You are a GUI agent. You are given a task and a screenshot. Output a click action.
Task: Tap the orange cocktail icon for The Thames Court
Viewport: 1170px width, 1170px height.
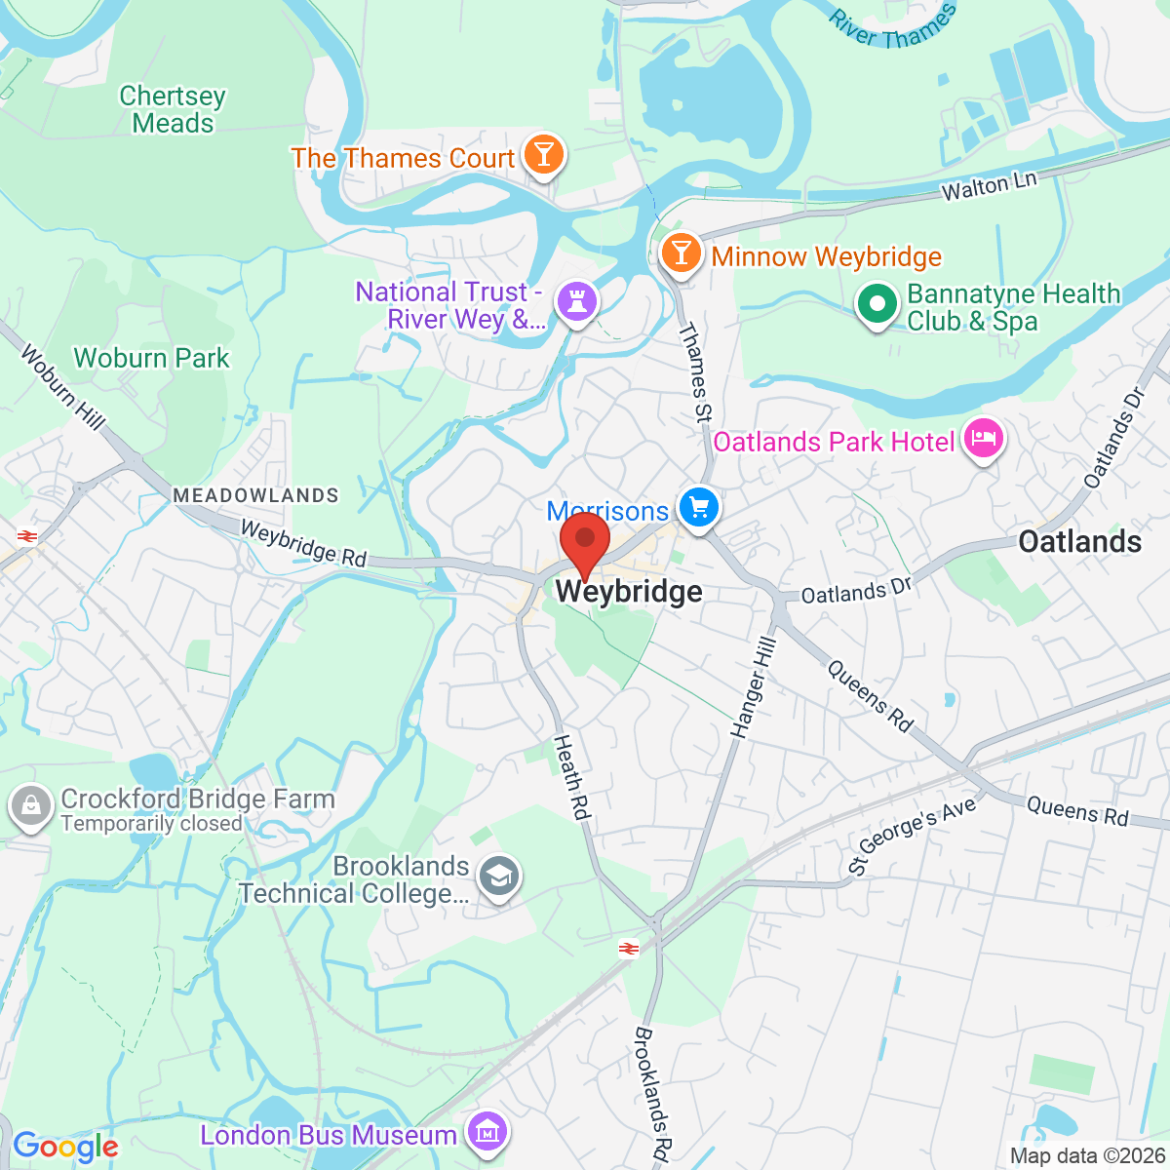pyautogui.click(x=544, y=155)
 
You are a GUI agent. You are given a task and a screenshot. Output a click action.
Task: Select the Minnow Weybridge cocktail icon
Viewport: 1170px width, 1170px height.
pyautogui.click(x=681, y=253)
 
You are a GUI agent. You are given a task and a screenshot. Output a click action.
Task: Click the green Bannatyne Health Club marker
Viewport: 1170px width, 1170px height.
pyautogui.click(x=877, y=304)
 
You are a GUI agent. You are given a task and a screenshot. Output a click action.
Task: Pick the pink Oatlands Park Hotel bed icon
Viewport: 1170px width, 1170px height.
pyautogui.click(x=983, y=439)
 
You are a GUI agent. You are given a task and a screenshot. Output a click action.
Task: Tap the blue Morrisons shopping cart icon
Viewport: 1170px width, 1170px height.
pyautogui.click(x=699, y=508)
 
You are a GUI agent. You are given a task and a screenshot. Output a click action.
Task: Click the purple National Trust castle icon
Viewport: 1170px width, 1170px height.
pyautogui.click(x=576, y=301)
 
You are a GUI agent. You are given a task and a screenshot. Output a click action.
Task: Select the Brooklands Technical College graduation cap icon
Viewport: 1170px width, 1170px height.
pyautogui.click(x=501, y=877)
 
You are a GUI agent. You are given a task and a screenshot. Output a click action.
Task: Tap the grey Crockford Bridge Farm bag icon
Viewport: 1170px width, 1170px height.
pyautogui.click(x=30, y=806)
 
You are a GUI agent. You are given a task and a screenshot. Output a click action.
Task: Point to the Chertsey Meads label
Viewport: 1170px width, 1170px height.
pyautogui.click(x=173, y=109)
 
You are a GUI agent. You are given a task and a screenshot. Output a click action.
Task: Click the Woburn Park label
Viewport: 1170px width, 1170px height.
pyautogui.click(x=152, y=358)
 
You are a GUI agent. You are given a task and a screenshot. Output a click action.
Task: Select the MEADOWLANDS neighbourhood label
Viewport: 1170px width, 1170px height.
pyautogui.click(x=255, y=495)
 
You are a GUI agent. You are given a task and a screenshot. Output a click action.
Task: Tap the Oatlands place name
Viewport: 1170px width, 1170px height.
pyautogui.click(x=1079, y=541)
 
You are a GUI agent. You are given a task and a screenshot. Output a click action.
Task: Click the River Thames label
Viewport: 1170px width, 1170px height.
pyautogui.click(x=892, y=27)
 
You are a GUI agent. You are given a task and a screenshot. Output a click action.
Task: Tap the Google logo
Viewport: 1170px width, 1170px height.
pyautogui.click(x=65, y=1147)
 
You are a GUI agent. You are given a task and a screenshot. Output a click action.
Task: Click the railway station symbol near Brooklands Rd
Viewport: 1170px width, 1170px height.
pyautogui.click(x=629, y=948)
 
